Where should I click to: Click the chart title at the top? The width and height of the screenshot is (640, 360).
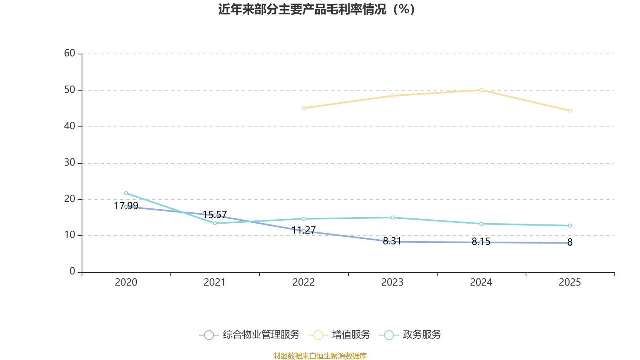316,9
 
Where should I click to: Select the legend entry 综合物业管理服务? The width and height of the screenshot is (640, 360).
249,334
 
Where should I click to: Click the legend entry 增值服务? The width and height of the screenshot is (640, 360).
340,334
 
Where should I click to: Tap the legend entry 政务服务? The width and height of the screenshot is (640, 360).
410,334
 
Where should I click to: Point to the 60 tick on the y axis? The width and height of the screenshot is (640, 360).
70,53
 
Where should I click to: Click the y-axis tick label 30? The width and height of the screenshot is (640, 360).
70,162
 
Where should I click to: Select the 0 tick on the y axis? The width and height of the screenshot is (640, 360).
72,271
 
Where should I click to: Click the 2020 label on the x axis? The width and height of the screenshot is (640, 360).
126,282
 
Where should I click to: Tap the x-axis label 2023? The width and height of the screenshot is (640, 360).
392,282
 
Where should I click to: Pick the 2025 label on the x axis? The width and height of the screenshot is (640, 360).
570,282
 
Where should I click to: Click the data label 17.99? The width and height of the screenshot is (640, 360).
126,206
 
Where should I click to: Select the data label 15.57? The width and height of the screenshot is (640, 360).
215,214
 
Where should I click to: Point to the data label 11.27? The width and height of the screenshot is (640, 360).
304,230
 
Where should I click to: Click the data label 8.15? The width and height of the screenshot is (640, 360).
481,242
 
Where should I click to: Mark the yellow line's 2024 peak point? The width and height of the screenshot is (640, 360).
481,90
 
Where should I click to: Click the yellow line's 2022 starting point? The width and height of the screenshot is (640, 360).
304,108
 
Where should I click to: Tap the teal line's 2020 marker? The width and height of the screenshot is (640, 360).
126,193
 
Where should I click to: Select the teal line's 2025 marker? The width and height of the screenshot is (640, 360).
570,226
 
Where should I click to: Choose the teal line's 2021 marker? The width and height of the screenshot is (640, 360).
215,223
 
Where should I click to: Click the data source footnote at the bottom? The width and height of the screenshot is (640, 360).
320,356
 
